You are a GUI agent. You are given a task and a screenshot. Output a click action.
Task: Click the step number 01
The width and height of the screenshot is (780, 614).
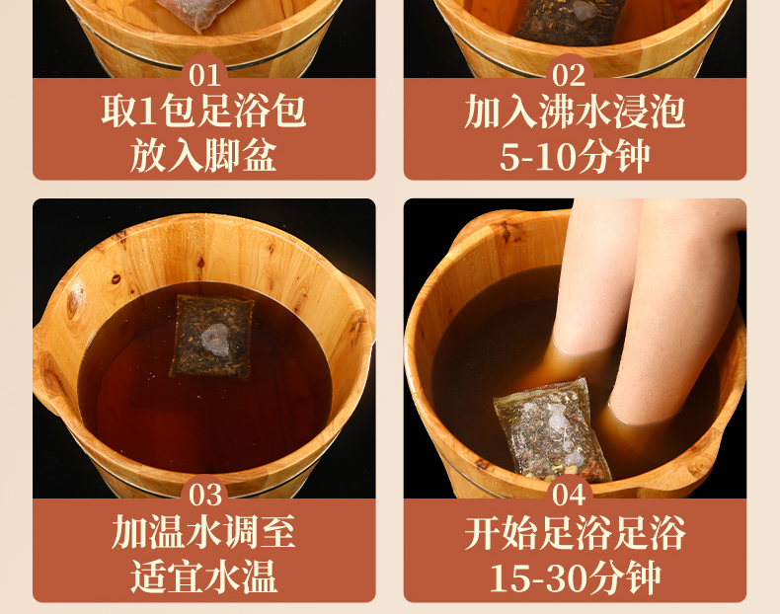(205, 76)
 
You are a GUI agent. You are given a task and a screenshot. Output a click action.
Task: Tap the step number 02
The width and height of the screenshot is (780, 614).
(569, 76)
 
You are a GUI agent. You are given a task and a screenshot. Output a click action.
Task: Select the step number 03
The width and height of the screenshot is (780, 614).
(205, 496)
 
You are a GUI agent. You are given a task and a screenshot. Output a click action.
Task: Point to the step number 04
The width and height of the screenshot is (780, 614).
(569, 496)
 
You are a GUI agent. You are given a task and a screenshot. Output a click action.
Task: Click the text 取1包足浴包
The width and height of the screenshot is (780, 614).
(203, 111)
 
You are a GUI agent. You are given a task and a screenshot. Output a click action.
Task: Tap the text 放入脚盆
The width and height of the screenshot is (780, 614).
(203, 155)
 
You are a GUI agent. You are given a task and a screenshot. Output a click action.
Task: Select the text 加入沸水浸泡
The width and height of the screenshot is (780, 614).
(575, 112)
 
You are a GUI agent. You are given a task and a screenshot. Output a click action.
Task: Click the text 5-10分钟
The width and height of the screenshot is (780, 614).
(575, 156)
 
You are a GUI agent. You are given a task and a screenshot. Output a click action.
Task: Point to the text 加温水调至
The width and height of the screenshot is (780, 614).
(203, 531)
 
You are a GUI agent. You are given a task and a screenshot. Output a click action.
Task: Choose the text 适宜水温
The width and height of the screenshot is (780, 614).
(203, 576)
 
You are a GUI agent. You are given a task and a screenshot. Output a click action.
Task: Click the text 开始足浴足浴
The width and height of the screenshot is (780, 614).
(575, 532)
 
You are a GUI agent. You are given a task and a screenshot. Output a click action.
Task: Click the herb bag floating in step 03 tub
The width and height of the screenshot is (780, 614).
(212, 337)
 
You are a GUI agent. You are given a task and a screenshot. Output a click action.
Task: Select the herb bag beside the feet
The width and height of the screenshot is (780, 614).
(552, 430)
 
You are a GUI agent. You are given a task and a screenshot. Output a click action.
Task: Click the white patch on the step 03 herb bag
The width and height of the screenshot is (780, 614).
(215, 340)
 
